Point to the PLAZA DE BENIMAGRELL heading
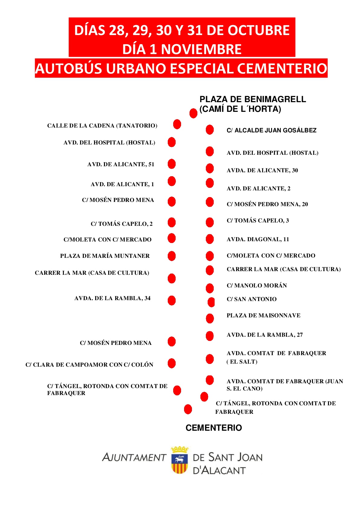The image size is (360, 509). pos(252,99)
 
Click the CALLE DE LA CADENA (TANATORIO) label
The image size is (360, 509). pos(102,126)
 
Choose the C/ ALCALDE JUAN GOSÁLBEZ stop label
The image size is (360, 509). pos(271,131)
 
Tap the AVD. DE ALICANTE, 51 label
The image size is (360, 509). pos(121,164)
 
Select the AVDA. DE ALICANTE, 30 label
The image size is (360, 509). pos(262,170)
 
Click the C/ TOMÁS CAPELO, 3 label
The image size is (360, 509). pos(258,221)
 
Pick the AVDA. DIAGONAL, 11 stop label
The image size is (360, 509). pos(258,239)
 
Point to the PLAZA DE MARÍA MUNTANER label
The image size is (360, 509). pos(105,256)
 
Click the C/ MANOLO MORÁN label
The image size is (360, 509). pos(257,286)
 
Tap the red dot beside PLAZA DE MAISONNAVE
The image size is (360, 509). pos(210,318)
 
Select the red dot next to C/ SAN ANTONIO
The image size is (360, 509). pos(211,302)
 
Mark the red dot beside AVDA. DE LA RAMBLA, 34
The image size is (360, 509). pos(172,300)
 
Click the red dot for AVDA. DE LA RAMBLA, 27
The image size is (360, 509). pos(210,336)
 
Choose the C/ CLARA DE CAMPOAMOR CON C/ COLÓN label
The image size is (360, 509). pos(89,365)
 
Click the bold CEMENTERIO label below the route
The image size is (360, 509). pos(214,428)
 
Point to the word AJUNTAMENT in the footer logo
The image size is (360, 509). pos(134,457)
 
